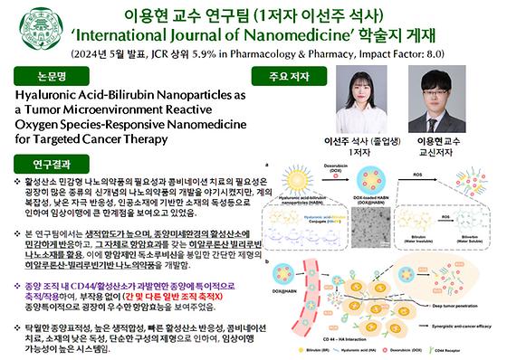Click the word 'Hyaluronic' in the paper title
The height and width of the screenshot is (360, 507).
(42, 95)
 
